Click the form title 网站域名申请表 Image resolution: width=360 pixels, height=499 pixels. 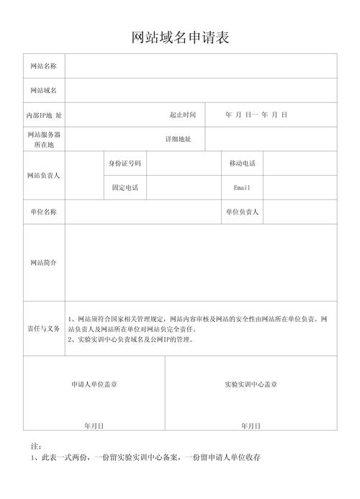pos(180,37)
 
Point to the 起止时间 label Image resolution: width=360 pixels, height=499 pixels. pos(183,115)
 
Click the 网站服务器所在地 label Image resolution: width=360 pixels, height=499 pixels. pos(44,139)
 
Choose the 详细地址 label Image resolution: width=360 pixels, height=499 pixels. pos(179,139)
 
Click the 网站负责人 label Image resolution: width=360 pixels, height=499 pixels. pos(44,175)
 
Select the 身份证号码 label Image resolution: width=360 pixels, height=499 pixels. pos(125,163)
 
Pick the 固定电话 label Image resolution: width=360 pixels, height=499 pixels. pos(125,188)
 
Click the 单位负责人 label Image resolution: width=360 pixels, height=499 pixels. pos(242,212)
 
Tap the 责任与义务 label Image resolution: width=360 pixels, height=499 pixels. pos(44,328)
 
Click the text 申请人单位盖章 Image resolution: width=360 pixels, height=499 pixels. pos(94,385)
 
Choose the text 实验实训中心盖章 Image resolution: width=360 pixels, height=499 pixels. pos(251,385)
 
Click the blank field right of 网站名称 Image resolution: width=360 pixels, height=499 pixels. pos(201,66)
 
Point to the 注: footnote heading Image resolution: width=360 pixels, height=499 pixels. pos(36,446)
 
